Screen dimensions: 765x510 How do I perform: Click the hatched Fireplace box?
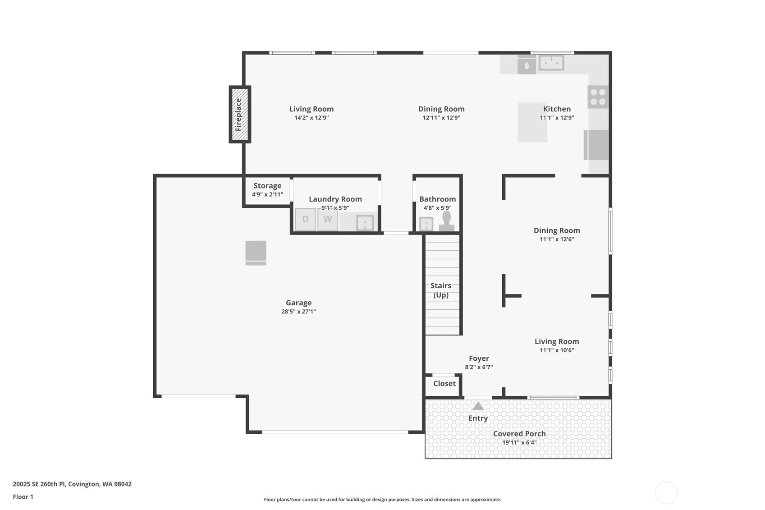[x=240, y=115]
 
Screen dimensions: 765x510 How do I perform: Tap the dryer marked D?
[x=305, y=219]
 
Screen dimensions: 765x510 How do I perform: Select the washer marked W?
[x=328, y=219]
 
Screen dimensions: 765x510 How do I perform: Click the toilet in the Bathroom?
[x=447, y=221]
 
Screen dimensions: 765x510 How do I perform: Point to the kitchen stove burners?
[x=598, y=97]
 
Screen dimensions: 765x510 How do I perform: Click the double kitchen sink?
[x=551, y=63]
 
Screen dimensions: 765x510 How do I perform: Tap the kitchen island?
[x=532, y=122]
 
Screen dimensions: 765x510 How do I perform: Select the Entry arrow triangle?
[x=478, y=406]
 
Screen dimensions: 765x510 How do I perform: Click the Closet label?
[x=444, y=384]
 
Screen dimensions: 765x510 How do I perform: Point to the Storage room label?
[x=267, y=186]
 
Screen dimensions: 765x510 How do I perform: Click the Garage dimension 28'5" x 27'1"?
[x=298, y=312]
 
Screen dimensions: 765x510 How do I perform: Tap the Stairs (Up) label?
[x=441, y=290]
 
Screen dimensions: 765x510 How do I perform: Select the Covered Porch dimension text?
[x=519, y=443]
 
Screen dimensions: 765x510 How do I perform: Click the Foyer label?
[x=479, y=358]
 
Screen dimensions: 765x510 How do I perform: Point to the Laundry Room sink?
[x=365, y=223]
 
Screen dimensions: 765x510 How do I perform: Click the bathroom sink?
[x=426, y=224]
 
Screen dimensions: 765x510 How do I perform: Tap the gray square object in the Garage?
[x=256, y=253]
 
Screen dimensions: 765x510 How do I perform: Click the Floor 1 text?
[x=23, y=497]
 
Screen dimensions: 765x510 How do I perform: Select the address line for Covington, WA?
[x=72, y=484]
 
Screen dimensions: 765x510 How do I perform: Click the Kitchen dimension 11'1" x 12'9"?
[x=557, y=118]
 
